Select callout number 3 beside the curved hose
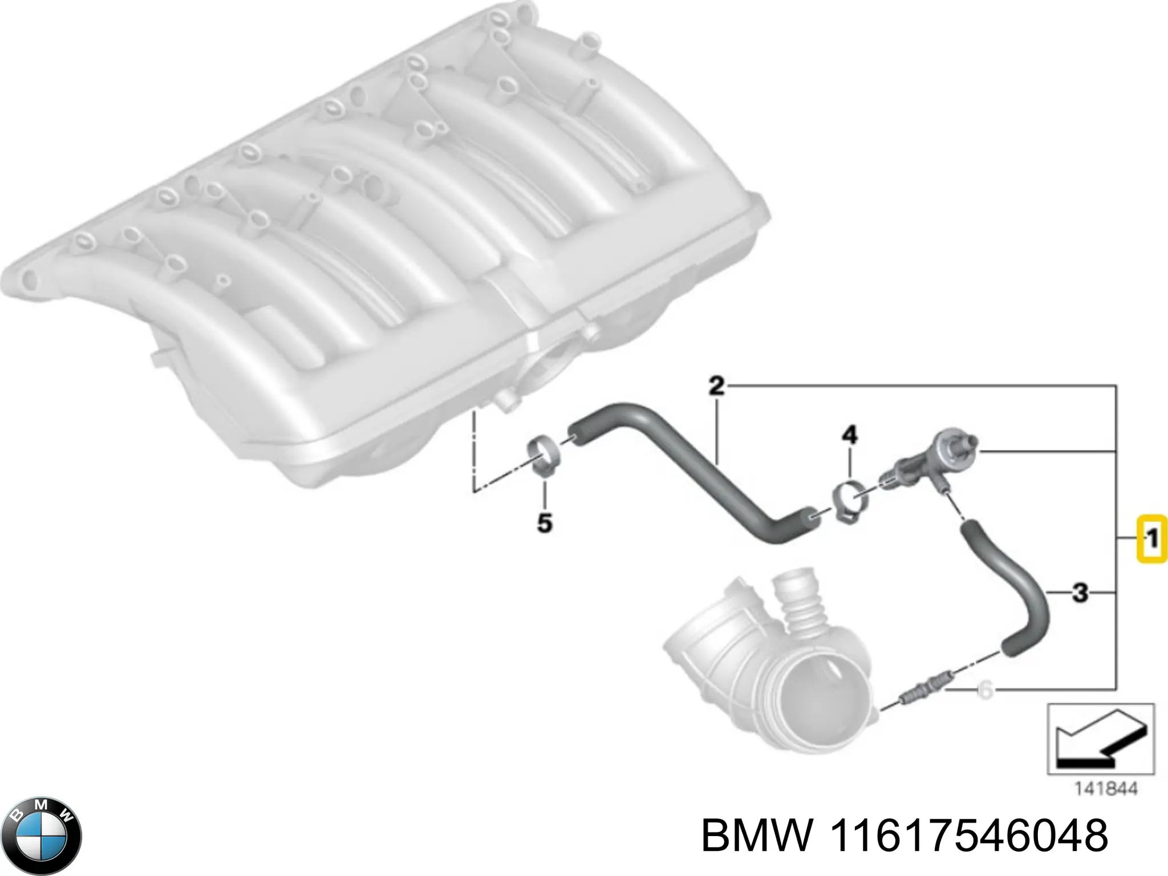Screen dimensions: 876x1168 1080,593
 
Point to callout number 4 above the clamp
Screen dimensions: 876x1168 849,436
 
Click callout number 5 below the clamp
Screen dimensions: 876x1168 544,522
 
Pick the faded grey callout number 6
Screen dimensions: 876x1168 985,691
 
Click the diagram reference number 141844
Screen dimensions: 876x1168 1106,789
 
